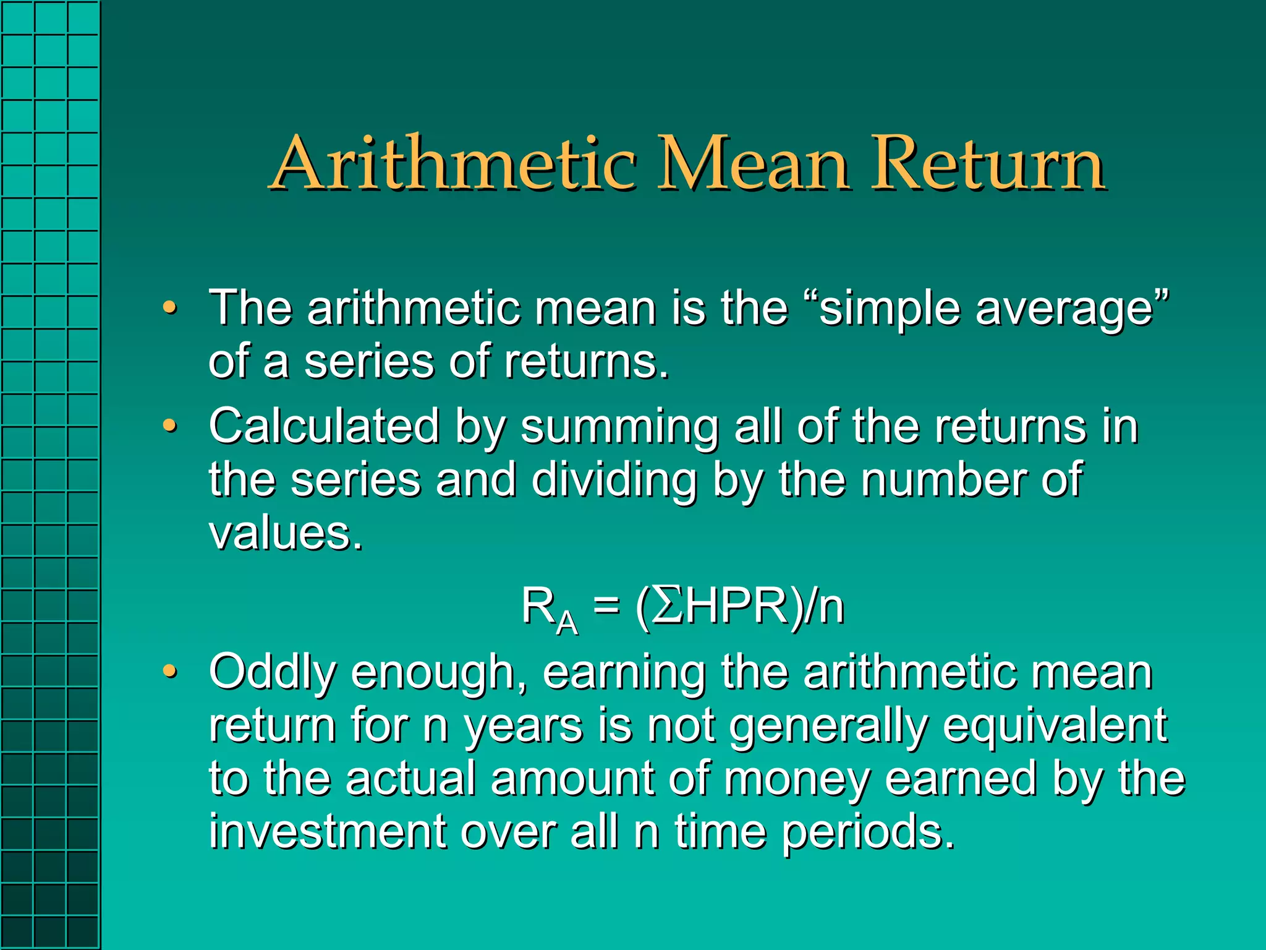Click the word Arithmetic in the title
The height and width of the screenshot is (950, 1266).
tap(454, 164)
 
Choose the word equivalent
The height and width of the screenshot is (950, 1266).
tap(1055, 726)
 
